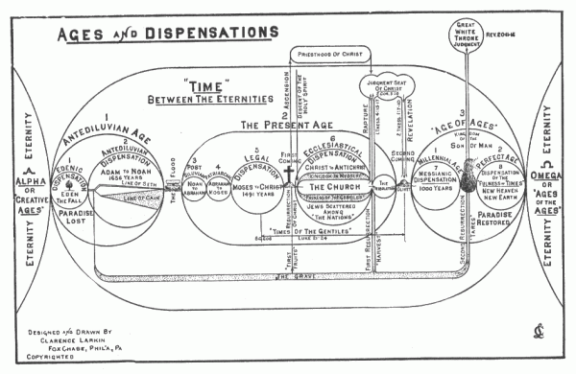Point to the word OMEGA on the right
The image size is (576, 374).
[x=544, y=175]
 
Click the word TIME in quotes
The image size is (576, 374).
[x=207, y=85]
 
